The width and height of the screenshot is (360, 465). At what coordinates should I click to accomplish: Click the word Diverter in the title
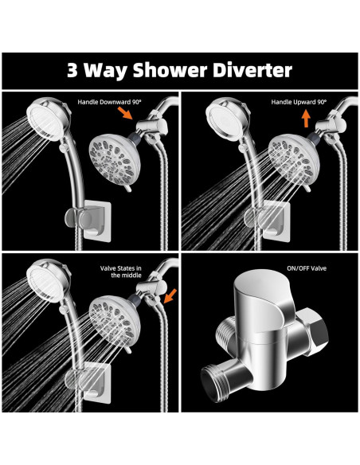(252, 71)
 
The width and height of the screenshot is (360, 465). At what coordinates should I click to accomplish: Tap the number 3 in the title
(72, 71)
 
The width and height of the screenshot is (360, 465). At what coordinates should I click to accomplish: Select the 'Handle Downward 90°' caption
(110, 102)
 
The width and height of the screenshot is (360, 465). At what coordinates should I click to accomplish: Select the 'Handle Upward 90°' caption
(299, 102)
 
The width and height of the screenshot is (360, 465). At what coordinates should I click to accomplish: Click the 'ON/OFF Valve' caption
(307, 268)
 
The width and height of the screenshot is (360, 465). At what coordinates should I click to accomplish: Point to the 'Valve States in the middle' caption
(121, 272)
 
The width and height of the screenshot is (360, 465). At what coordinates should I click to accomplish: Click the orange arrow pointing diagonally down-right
(125, 113)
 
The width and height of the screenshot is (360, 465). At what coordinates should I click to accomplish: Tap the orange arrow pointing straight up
(306, 119)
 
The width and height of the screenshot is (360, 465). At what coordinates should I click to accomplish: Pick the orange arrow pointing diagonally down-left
(170, 295)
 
